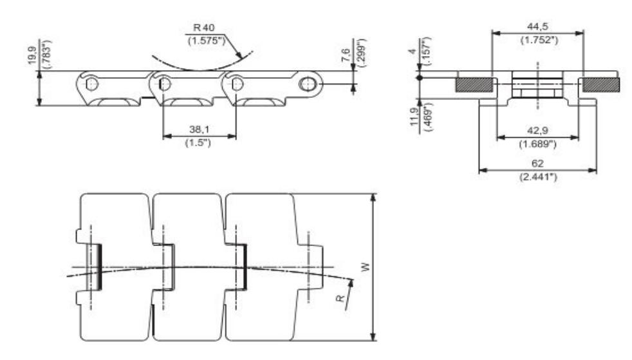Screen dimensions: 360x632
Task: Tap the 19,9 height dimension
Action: pos(32,51)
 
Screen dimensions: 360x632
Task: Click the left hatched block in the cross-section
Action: pos(475,84)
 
